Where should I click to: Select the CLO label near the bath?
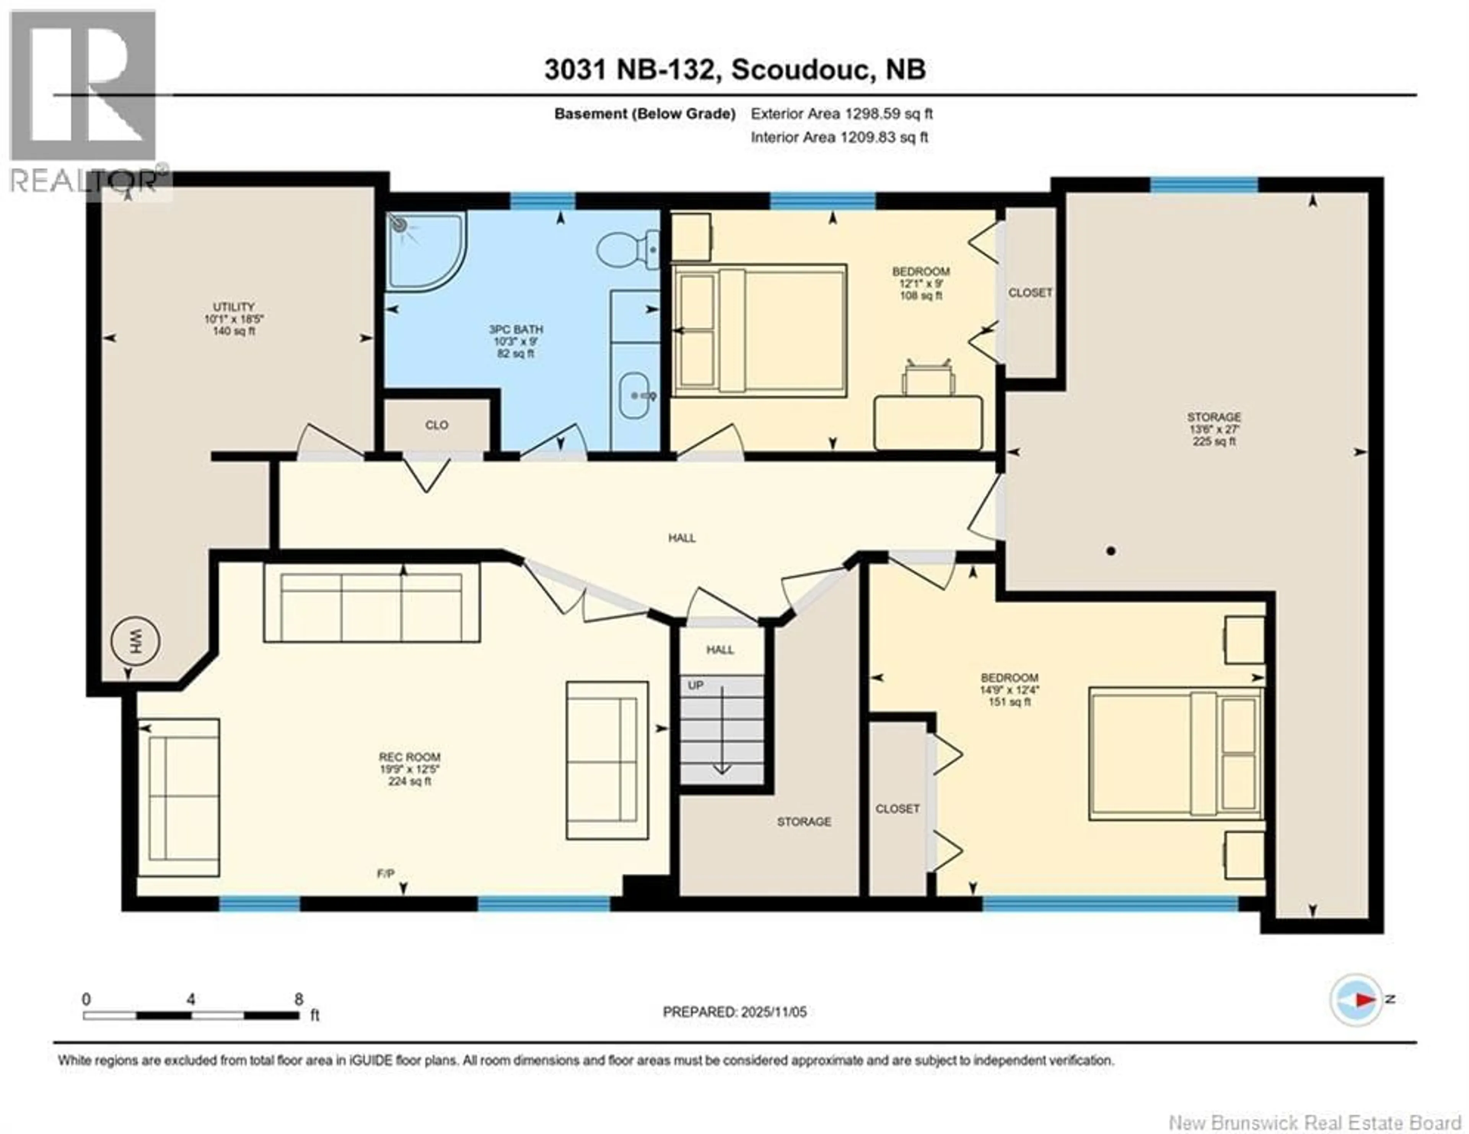(436, 425)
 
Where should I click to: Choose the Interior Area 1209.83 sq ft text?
(839, 137)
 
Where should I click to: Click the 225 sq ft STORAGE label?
(1214, 429)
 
